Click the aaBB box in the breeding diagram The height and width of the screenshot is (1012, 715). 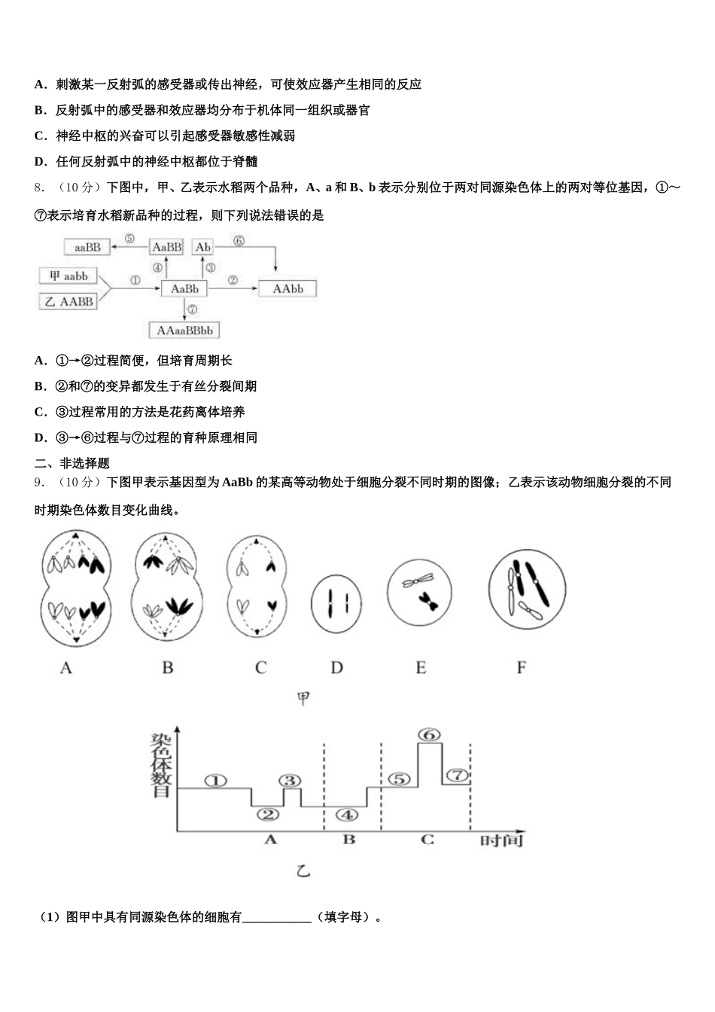[88, 246]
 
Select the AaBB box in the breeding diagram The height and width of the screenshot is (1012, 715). [167, 247]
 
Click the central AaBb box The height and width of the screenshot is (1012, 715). [184, 288]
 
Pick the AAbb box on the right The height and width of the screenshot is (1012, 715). [288, 288]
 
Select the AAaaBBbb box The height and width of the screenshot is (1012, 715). [184, 331]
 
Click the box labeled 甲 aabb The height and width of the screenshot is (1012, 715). [68, 276]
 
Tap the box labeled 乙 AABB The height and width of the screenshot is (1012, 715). [68, 301]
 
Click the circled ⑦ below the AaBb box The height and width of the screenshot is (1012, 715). [193, 309]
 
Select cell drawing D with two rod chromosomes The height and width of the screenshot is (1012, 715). [336, 602]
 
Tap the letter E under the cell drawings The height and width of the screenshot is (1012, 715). [421, 667]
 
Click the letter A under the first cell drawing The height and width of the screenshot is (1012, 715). [66, 667]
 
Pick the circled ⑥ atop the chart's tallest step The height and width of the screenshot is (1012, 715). [430, 735]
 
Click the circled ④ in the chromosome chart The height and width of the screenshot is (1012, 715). [346, 815]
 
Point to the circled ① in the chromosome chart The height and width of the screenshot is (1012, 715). [215, 781]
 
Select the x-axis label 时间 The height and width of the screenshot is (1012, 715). [501, 840]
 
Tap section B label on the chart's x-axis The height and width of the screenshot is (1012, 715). [349, 839]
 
